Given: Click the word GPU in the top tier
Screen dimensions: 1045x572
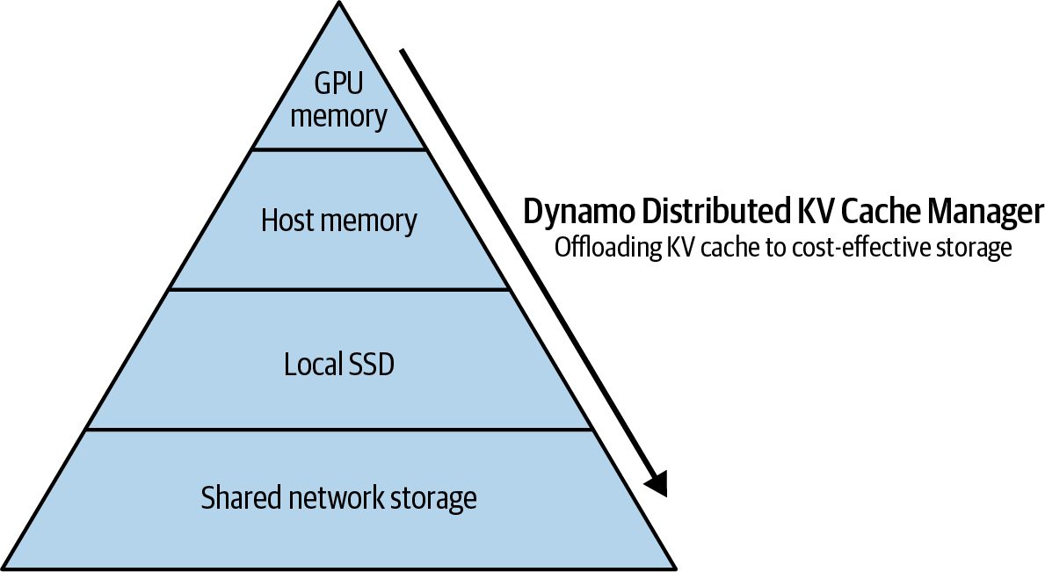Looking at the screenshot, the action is click(x=338, y=83).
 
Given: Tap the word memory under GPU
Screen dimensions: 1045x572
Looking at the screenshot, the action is click(x=338, y=117).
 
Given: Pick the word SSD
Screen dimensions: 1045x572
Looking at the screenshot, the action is click(x=371, y=365).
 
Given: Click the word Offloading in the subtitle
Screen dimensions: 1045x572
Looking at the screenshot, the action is click(x=607, y=248).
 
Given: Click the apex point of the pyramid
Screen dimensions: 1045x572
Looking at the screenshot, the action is click(x=339, y=2).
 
